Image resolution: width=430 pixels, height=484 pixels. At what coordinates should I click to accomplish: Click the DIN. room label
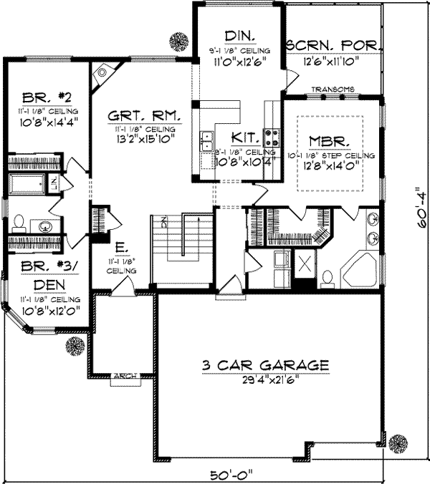234,36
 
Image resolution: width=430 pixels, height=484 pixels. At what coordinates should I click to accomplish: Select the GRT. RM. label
145,115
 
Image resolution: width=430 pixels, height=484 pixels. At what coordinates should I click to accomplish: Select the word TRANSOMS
333,89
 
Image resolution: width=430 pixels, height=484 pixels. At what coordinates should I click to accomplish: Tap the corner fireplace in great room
103,72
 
